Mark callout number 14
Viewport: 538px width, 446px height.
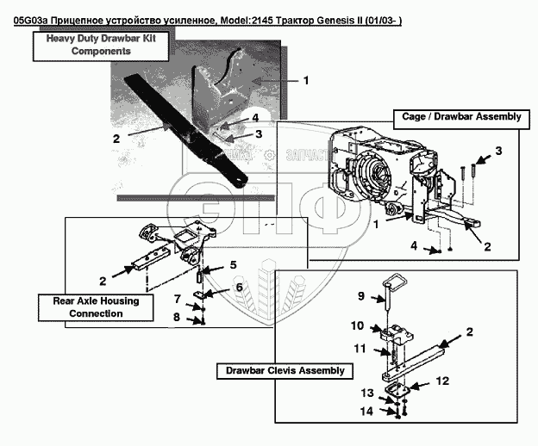[366, 412]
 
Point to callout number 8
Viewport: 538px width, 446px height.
[178, 317]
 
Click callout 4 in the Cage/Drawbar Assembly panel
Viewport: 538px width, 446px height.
[412, 246]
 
